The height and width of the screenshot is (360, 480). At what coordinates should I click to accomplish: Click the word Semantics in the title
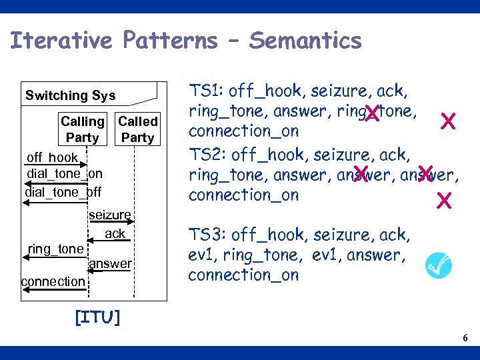click(x=305, y=41)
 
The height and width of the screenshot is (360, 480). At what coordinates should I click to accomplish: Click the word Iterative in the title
click(x=62, y=41)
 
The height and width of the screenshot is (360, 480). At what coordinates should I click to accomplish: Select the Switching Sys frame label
click(x=70, y=95)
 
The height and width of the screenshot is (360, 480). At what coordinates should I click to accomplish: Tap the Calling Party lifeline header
click(x=83, y=129)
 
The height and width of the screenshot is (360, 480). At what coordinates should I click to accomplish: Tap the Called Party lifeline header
click(x=137, y=129)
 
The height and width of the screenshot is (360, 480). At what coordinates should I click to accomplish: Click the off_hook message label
click(x=52, y=158)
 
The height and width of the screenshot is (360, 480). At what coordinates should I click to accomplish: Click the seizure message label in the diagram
click(x=109, y=215)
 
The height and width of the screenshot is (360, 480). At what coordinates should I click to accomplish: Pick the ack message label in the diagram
click(x=115, y=234)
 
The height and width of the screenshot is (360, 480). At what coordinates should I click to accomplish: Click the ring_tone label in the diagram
click(x=55, y=249)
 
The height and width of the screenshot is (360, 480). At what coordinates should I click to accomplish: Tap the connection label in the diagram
click(x=53, y=281)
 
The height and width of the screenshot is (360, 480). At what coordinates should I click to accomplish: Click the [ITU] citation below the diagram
click(x=97, y=317)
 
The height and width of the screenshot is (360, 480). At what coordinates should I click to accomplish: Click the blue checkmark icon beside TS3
click(x=438, y=265)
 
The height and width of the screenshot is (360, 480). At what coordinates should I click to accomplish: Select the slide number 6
click(x=465, y=339)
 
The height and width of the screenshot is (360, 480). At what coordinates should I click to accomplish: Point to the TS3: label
click(x=208, y=235)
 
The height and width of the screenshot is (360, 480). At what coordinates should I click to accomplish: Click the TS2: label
click(x=208, y=155)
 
